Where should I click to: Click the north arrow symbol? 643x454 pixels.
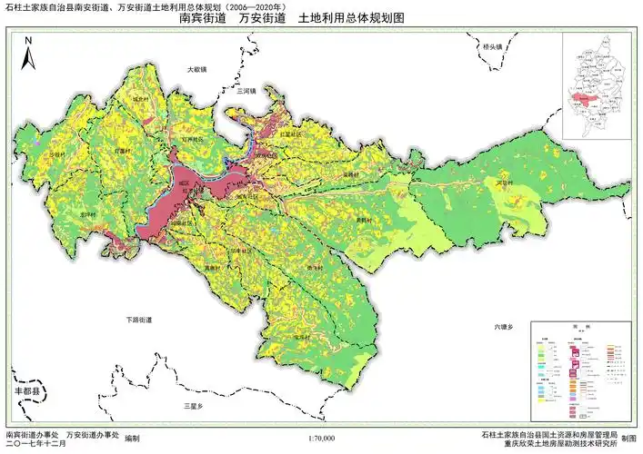pyautogui.click(x=28, y=53)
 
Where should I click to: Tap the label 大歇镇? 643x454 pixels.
pyautogui.click(x=197, y=69)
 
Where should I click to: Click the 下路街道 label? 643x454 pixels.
pyautogui.click(x=140, y=320)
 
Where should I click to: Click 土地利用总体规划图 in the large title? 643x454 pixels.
pyautogui.click(x=350, y=18)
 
